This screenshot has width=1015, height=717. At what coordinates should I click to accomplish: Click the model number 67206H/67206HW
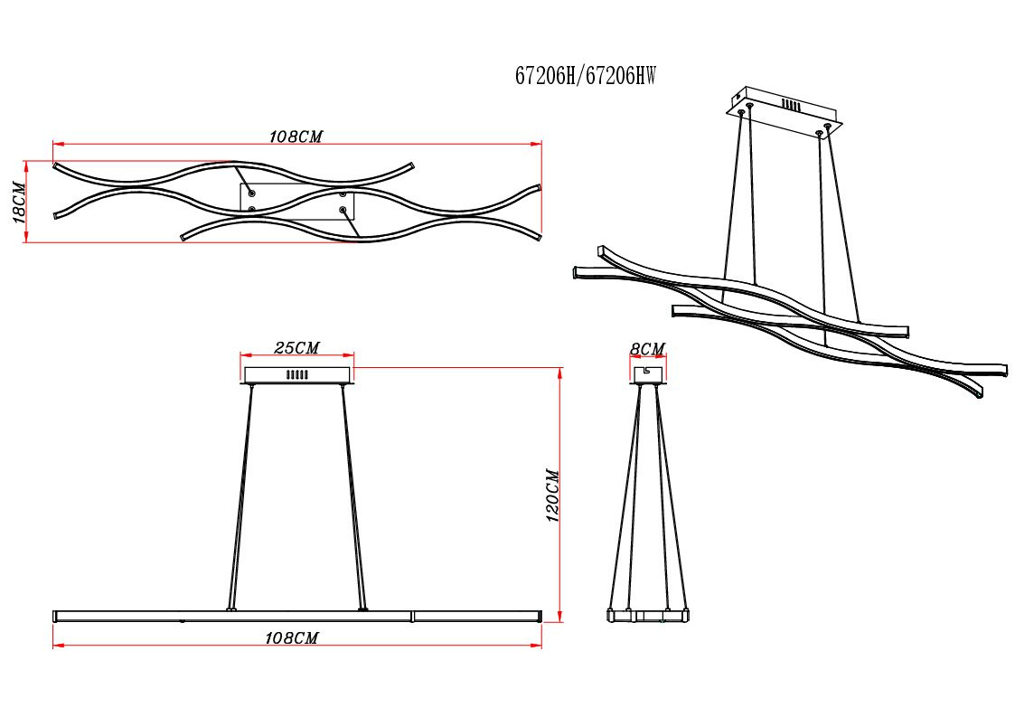click(585, 76)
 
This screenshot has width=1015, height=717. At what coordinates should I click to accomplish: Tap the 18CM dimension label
click(19, 203)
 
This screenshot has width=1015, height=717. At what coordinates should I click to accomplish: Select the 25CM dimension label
click(296, 348)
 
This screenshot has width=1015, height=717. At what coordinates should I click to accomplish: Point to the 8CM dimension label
click(647, 349)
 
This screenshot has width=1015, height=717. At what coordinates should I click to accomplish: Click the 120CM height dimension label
click(552, 495)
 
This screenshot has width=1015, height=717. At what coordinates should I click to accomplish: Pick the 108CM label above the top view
click(296, 137)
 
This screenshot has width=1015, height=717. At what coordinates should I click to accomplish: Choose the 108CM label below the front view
click(292, 638)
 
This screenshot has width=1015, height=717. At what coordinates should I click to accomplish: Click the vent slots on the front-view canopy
click(297, 374)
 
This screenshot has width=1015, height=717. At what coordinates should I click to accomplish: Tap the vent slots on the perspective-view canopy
click(790, 104)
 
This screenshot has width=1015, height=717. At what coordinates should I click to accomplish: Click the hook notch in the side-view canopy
click(645, 371)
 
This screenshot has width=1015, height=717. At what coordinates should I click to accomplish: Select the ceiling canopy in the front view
click(297, 375)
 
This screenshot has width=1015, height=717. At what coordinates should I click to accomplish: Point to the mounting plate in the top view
click(297, 202)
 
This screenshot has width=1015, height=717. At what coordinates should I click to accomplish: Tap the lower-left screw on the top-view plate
click(252, 209)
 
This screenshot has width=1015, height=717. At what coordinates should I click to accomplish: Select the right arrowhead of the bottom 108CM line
click(536, 645)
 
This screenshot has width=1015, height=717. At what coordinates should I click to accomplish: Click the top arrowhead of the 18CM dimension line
click(26, 166)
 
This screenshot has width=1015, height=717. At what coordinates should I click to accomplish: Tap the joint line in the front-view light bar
click(412, 616)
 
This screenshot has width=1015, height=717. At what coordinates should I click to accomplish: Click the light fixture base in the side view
click(647, 616)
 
